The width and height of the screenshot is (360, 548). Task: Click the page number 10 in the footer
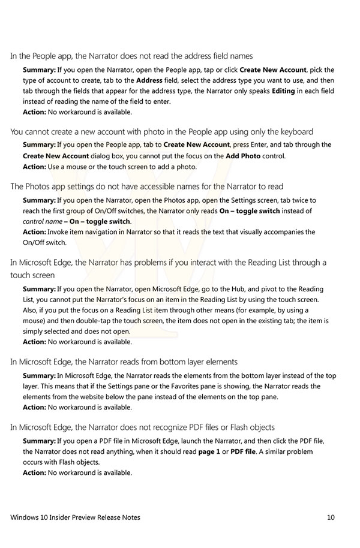[x=331, y=517]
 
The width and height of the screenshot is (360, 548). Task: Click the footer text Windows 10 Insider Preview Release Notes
[x=76, y=517]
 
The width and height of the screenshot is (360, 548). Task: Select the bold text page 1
[x=211, y=451]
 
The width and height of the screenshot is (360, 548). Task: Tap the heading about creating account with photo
[x=161, y=132]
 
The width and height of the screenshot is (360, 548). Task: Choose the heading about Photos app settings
[x=146, y=187]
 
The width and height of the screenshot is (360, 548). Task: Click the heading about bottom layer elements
[x=124, y=362]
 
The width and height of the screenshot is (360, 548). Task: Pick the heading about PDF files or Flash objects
[x=142, y=427]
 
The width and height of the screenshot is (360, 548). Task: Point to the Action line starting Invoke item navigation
[x=169, y=232]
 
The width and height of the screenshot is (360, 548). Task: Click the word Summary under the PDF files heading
[x=39, y=441]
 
